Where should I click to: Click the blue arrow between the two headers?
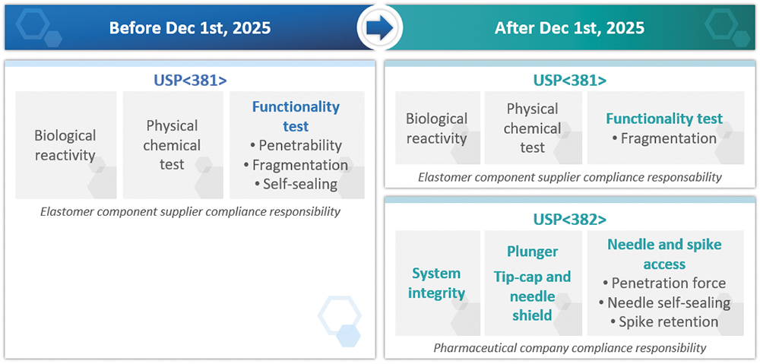[x=380, y=27]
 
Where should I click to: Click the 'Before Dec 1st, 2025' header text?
[x=189, y=27]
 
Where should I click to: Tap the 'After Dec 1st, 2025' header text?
[x=569, y=27]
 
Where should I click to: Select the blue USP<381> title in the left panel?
[x=190, y=81]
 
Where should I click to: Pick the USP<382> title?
[x=569, y=220]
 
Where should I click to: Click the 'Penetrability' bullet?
[x=296, y=145]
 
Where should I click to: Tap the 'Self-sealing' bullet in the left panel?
[x=296, y=184]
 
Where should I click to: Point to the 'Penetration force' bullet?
[x=664, y=283]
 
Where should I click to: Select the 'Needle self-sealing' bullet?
[x=664, y=302]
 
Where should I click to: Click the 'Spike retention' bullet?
[x=664, y=322]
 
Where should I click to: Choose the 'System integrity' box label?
[x=437, y=283]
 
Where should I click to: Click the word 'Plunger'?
[x=532, y=252]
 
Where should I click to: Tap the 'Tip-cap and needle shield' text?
[x=532, y=296]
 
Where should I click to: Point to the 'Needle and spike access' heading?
[x=664, y=254]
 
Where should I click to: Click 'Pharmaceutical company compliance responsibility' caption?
[x=569, y=347]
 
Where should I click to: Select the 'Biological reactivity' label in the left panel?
[x=65, y=145]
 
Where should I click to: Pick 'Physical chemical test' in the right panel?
[x=532, y=128]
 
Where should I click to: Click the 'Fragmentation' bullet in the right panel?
[x=664, y=138]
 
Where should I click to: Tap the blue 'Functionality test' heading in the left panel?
[x=296, y=116]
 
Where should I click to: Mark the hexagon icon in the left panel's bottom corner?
[x=340, y=321]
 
